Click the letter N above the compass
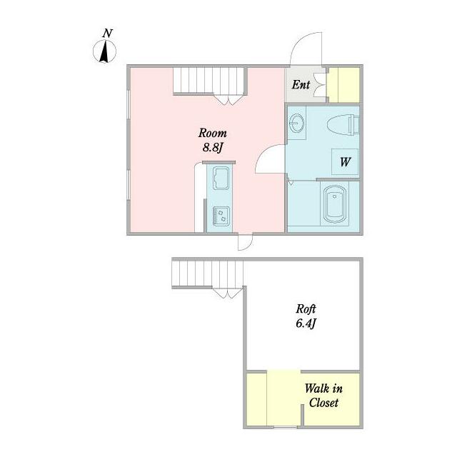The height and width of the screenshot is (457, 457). pyautogui.click(x=108, y=34)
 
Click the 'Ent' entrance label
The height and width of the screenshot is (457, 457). pyautogui.click(x=301, y=85)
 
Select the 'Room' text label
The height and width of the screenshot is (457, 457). pyautogui.click(x=213, y=134)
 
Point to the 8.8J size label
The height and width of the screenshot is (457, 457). pyautogui.click(x=213, y=148)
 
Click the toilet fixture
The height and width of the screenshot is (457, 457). pyautogui.click(x=343, y=124)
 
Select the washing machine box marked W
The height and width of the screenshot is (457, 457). pyautogui.click(x=345, y=162)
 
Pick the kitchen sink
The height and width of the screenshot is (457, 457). pyautogui.click(x=221, y=178)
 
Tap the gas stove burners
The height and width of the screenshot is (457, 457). pyautogui.click(x=221, y=216)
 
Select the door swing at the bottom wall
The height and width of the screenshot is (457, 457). pyautogui.click(x=246, y=243)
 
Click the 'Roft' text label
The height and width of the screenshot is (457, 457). pyautogui.click(x=306, y=309)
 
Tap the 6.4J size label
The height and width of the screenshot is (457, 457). pyautogui.click(x=306, y=323)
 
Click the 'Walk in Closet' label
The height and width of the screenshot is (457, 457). pyautogui.click(x=323, y=396)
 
